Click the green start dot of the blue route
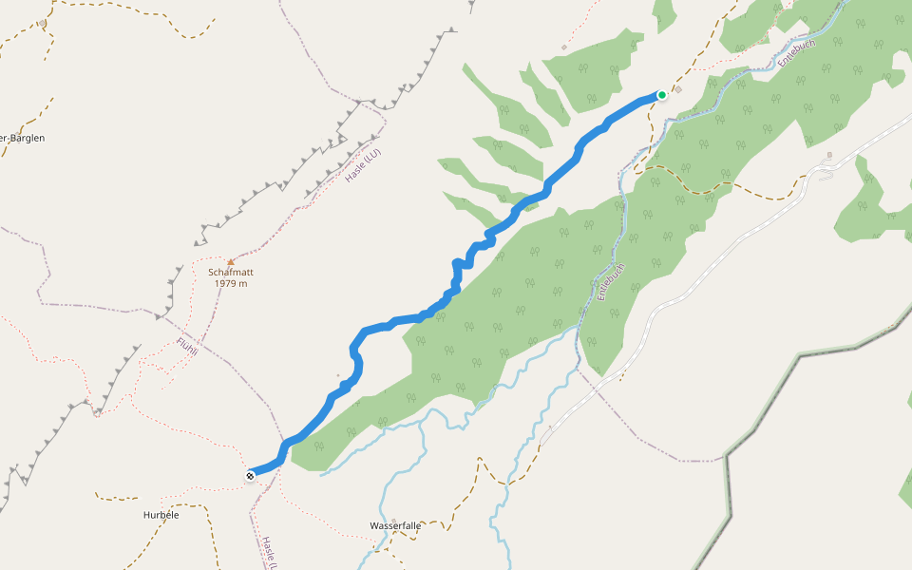tap(661, 95)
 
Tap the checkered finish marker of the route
tap(250, 475)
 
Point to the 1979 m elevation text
tap(230, 283)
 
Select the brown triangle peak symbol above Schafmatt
tap(230, 261)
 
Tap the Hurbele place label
tap(161, 515)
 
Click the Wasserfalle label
tap(395, 525)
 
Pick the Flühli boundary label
tap(188, 348)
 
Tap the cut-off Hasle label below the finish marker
tap(270, 551)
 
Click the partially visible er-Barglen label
tap(23, 138)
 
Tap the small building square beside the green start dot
tap(679, 90)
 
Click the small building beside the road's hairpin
tap(829, 155)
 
